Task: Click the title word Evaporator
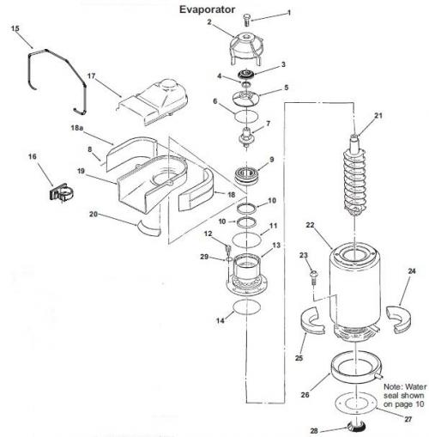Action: tap(207, 9)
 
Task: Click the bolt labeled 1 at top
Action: tap(247, 21)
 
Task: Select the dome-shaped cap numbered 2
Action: tap(246, 49)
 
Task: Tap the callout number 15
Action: tap(15, 28)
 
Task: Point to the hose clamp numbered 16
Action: tap(61, 192)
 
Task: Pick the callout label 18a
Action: tap(76, 128)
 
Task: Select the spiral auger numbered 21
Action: tap(355, 175)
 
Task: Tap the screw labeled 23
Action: tap(313, 277)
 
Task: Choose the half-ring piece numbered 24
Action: tap(398, 319)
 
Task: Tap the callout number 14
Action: tap(221, 320)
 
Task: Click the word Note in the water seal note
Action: tap(392, 387)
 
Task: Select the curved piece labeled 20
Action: tap(148, 229)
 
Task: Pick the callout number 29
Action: tap(204, 257)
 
